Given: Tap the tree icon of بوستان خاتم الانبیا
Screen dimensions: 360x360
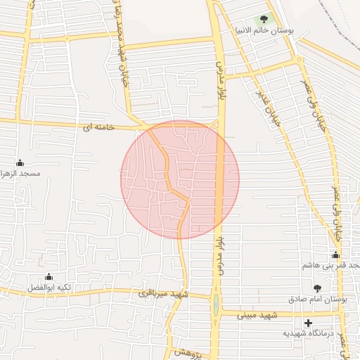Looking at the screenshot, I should click(264, 19).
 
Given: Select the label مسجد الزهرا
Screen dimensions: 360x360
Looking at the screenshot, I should click(21, 173).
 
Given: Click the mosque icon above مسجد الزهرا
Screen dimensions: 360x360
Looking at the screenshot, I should click(20, 162).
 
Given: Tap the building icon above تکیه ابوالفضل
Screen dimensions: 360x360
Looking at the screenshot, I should click(49, 277).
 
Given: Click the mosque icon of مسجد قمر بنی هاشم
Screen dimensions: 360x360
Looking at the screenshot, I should click(336, 255).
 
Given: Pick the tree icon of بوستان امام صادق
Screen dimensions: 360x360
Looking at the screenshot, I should click(317, 288).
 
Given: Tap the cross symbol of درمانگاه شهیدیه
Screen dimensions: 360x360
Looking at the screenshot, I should click(308, 323).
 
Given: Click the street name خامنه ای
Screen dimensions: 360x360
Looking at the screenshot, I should click(98, 127).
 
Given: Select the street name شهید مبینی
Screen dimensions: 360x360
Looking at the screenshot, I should click(252, 316).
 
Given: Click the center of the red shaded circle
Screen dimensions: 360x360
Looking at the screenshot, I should click(180, 179).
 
